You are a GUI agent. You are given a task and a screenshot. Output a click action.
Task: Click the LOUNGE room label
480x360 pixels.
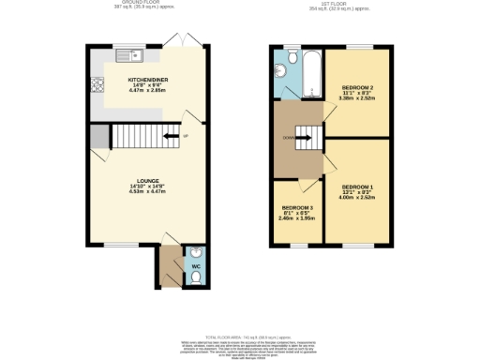[x=146, y=180]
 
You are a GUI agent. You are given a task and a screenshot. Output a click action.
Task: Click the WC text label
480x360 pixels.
[x=196, y=267]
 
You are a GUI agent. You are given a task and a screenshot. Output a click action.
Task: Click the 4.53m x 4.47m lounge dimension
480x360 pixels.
[x=146, y=191]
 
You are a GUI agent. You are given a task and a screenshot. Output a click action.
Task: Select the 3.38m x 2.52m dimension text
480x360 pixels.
[x=357, y=99]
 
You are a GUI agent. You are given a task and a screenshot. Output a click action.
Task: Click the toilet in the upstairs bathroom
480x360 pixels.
[x=292, y=58]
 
